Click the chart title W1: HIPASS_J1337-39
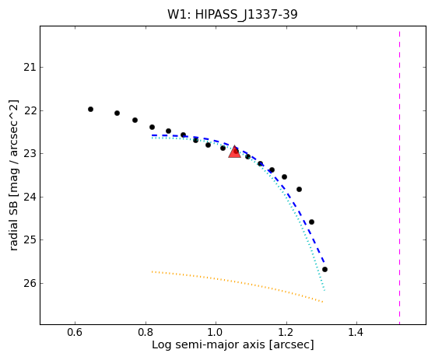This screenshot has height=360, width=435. [233, 15]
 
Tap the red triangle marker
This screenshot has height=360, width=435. [234, 152]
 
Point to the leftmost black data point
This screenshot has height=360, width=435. [90, 109]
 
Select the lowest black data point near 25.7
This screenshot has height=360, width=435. [324, 269]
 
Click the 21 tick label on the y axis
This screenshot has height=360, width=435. [30, 68]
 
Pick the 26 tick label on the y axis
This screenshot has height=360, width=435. [30, 283]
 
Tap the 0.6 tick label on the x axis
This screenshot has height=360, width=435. [75, 332]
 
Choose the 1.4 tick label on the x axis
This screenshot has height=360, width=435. [356, 332]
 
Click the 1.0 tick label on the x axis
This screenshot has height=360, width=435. [216, 332]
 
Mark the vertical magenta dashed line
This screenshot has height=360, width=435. [399, 177]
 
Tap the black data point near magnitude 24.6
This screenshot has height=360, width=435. [311, 222]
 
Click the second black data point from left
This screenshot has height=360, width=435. [117, 113]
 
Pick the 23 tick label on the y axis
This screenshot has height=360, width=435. [30, 153]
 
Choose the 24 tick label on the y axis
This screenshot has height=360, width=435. [30, 197]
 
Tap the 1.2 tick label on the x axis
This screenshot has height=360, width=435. [286, 332]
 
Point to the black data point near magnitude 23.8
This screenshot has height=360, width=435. [299, 189]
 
